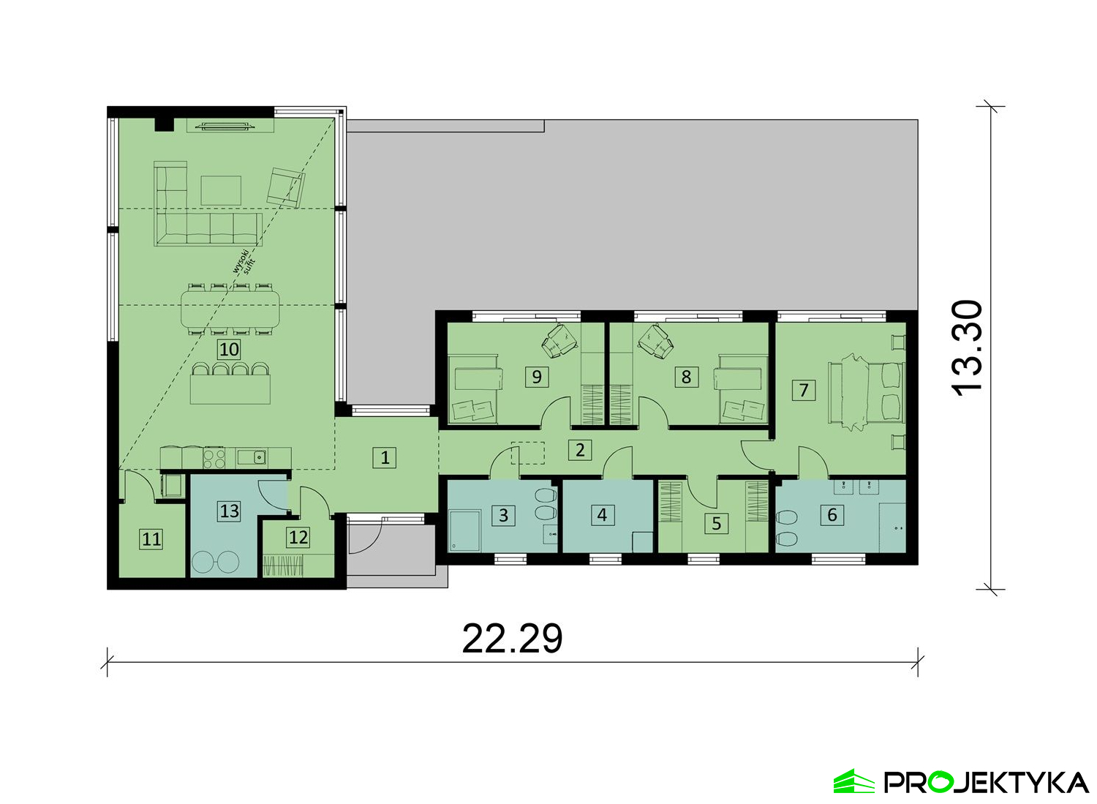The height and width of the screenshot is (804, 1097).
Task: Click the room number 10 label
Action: tap(229, 350)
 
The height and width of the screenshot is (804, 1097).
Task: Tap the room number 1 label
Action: tap(385, 458)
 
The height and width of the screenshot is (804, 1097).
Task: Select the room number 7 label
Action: tap(803, 390)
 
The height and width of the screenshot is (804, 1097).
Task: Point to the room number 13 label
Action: tap(229, 511)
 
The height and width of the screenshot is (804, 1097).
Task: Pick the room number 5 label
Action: tap(716, 523)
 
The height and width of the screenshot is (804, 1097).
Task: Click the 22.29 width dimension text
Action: tap(512, 639)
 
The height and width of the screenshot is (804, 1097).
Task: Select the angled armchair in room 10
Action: tap(285, 188)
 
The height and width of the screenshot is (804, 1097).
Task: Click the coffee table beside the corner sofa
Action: tap(220, 191)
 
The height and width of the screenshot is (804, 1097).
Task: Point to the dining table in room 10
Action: tap(230, 309)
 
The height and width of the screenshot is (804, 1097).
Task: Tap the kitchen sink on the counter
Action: tap(252, 457)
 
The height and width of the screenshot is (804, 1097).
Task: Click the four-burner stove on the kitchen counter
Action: tap(214, 458)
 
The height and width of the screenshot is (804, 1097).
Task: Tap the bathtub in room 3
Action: tap(464, 530)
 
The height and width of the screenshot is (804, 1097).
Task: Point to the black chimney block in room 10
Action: tap(164, 124)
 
